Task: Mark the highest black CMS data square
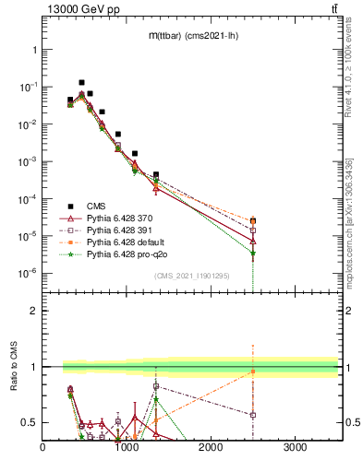[x=81, y=82]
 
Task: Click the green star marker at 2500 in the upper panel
[x=253, y=254]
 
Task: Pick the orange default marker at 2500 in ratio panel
[x=253, y=372]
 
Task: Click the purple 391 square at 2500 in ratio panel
[x=253, y=415]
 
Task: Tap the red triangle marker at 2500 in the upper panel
[x=253, y=241]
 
